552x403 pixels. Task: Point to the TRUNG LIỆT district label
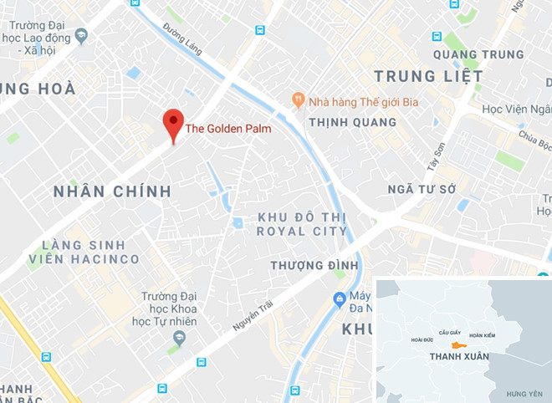428,76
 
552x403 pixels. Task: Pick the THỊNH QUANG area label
352,122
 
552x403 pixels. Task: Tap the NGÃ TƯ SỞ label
422,190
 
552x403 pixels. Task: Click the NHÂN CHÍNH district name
112,191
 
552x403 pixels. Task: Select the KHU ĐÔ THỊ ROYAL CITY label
302,224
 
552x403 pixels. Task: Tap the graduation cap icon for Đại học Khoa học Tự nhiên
176,338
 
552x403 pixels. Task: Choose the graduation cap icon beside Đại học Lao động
81,35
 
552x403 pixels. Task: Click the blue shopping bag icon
340,298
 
